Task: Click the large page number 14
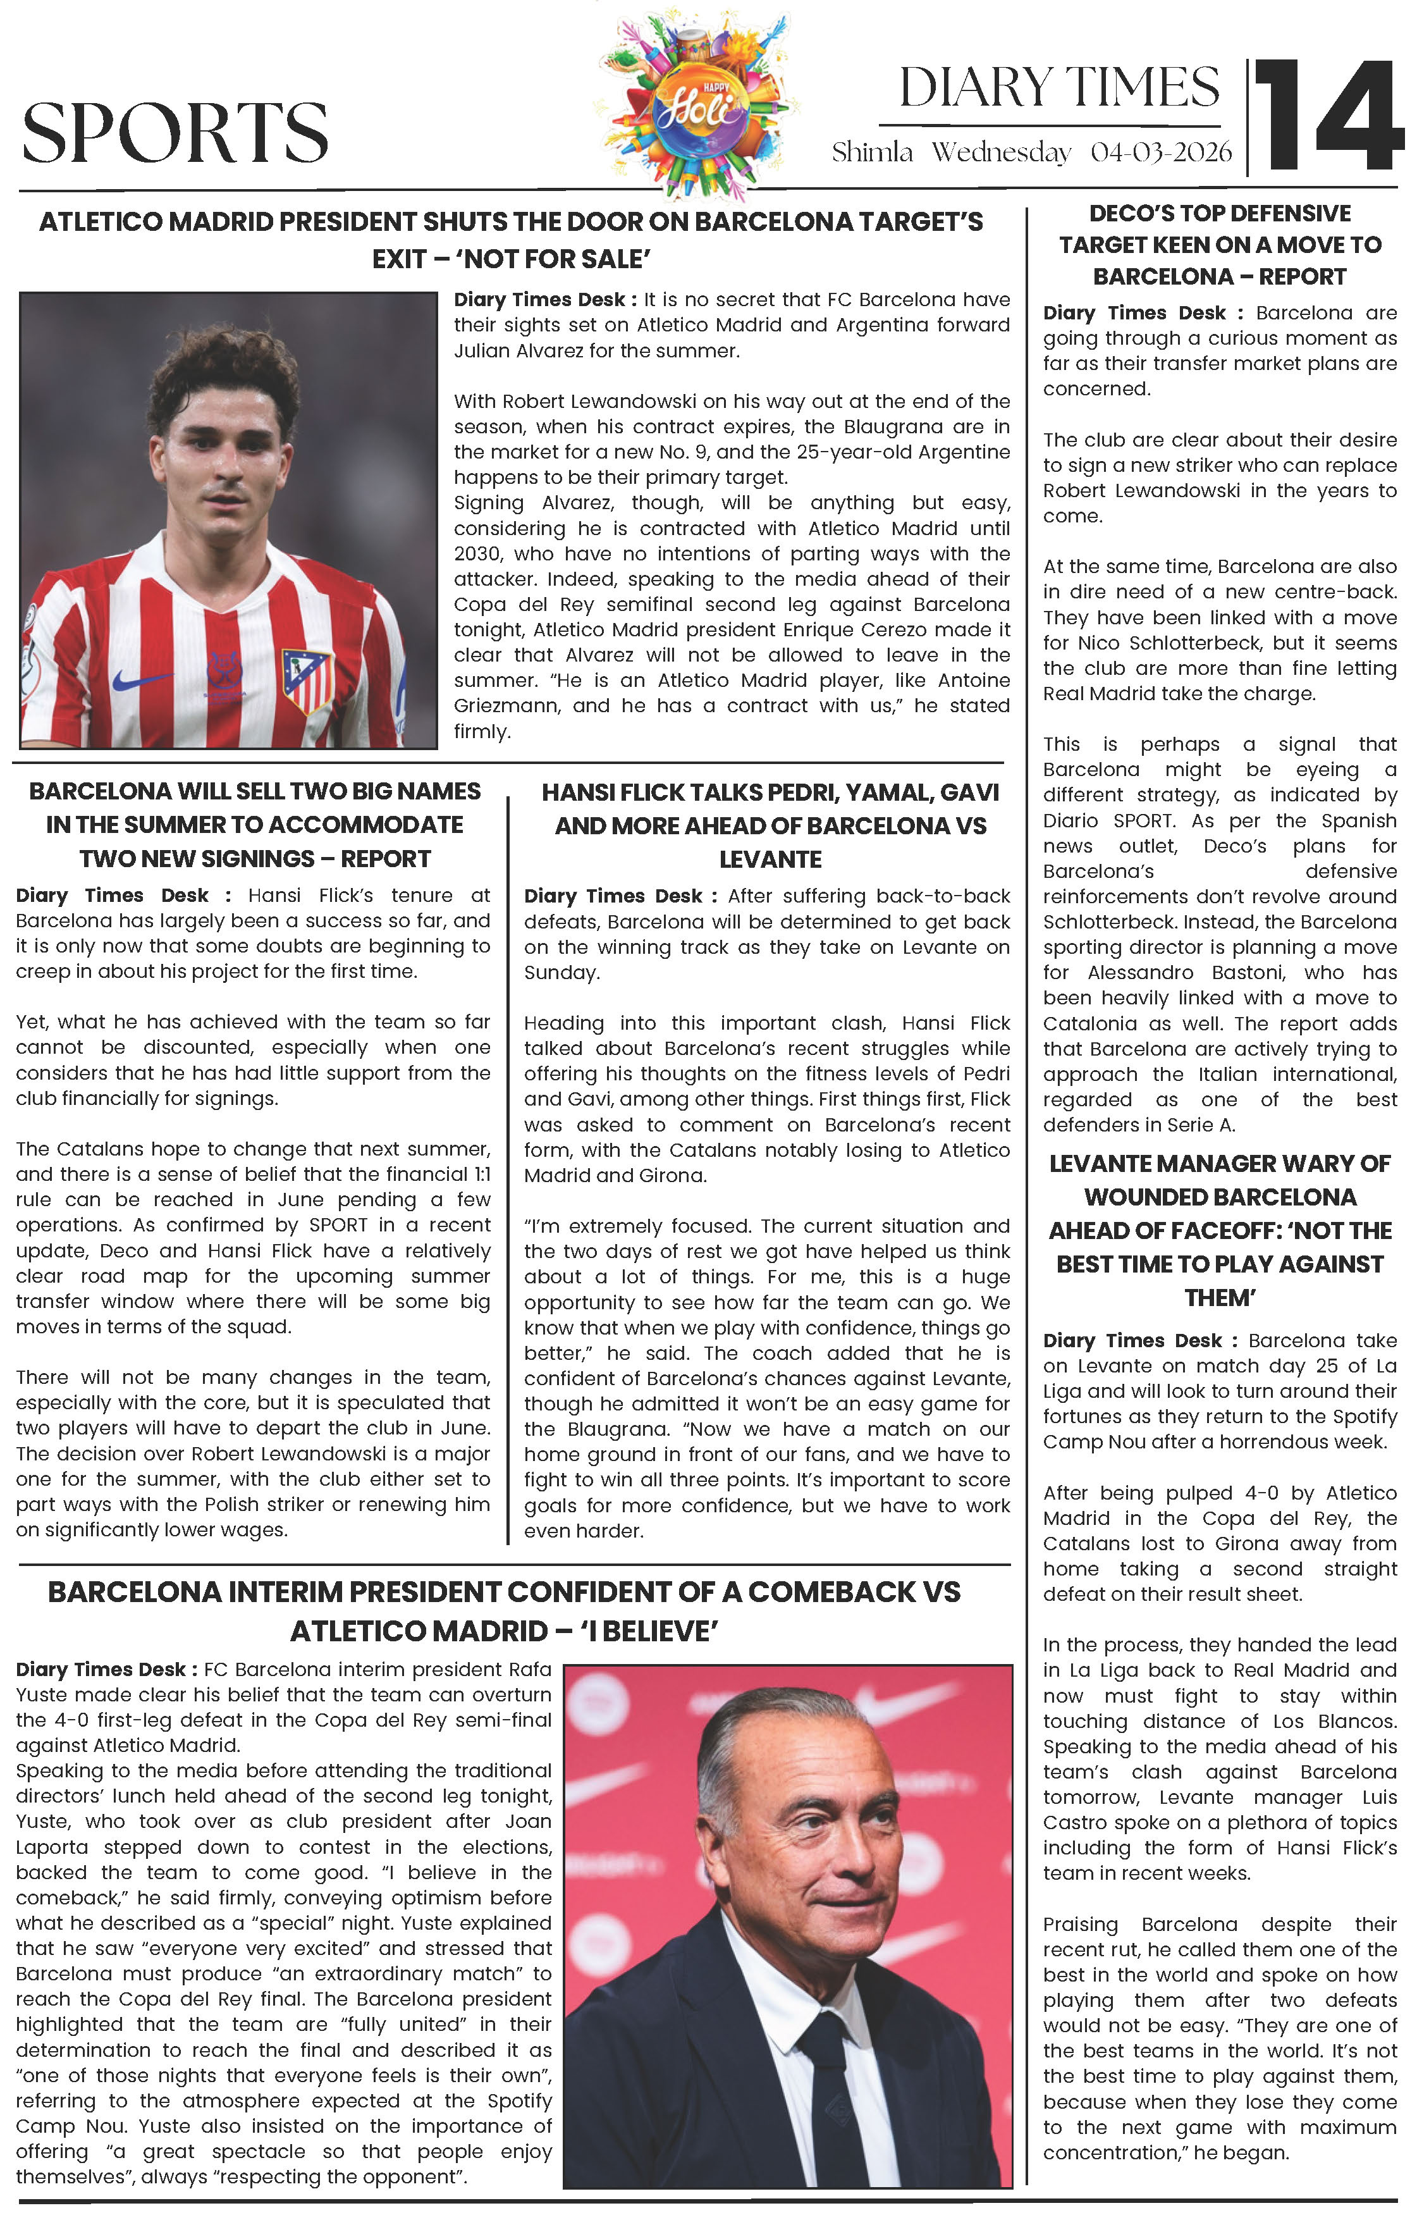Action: point(1328,116)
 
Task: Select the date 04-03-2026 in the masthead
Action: point(1161,152)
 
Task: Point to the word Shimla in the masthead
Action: point(871,152)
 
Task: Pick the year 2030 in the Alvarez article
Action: point(477,554)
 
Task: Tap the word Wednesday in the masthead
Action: point(1000,152)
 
